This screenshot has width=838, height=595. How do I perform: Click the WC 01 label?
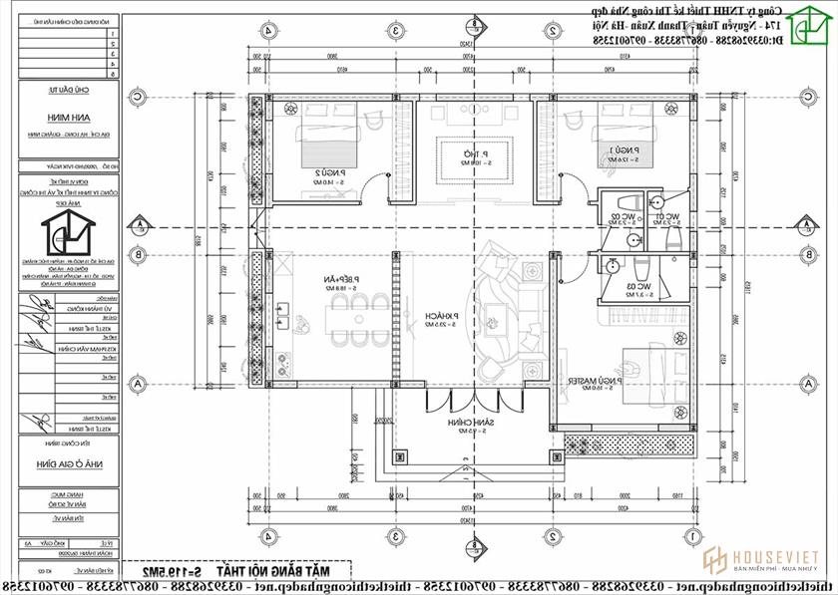pos(666,217)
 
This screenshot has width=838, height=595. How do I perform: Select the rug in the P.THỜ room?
pos(473,157)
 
